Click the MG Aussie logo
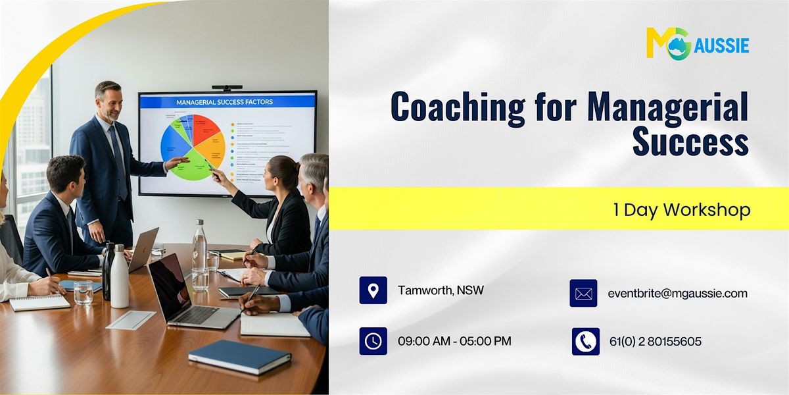(697, 43)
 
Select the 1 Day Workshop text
(681, 210)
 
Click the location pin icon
(373, 290)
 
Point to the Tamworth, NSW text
(441, 290)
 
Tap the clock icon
(373, 341)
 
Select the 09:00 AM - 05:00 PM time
(454, 341)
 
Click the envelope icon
(583, 294)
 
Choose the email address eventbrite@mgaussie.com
(677, 294)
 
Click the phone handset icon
(585, 341)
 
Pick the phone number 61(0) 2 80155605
(655, 341)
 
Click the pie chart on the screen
(193, 146)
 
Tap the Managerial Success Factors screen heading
(224, 102)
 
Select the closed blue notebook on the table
(239, 357)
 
